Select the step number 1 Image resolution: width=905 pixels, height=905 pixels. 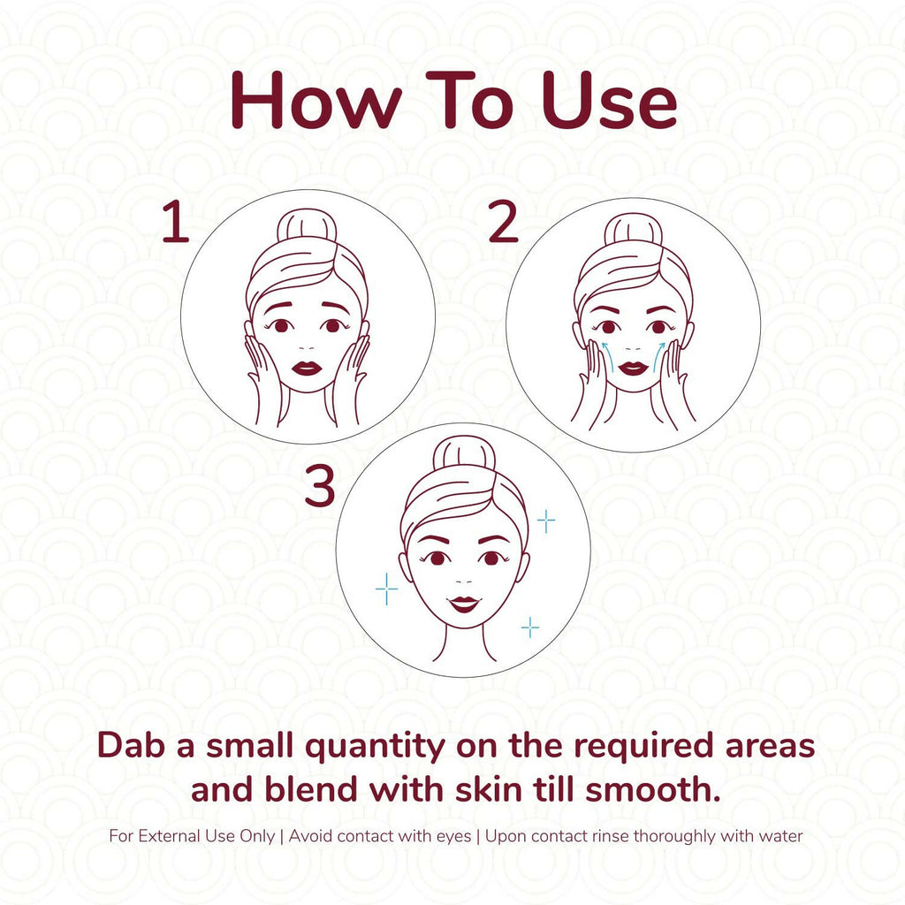tap(176, 222)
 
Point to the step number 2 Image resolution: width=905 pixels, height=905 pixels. tap(502, 221)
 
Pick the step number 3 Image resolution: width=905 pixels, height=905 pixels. tap(320, 487)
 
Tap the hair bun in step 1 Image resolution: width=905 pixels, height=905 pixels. tap(307, 225)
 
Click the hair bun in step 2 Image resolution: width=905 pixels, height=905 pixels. tap(633, 229)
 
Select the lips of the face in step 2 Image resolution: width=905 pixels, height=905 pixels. tap(633, 369)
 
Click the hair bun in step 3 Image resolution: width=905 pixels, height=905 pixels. tap(464, 453)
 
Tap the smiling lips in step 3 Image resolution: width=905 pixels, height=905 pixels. tap(465, 604)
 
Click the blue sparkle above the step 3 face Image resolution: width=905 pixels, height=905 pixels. tap(546, 521)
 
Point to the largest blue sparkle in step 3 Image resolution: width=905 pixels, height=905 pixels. tap(386, 589)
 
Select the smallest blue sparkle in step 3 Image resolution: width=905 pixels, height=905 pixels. tap(530, 627)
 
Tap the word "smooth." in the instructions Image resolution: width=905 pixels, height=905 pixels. tap(653, 789)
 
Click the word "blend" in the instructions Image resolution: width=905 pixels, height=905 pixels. tap(311, 789)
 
